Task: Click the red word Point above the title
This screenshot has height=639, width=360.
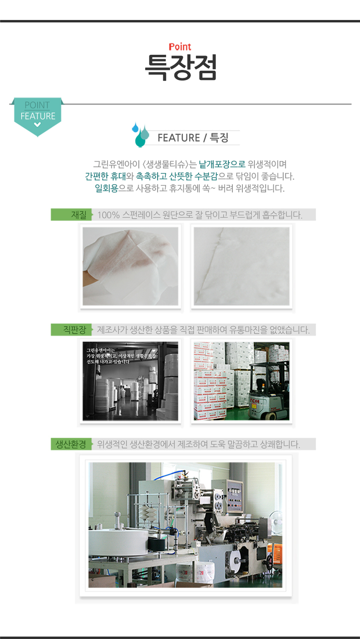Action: pos(180,47)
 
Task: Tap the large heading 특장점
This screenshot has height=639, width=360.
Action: pos(180,67)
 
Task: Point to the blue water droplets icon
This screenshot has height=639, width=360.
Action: pos(140,134)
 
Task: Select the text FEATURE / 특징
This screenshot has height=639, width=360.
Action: pos(193,138)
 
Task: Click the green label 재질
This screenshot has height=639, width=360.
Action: pos(79,215)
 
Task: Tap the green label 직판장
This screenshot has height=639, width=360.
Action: pos(75,330)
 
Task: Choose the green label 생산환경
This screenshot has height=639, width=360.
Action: pos(71,444)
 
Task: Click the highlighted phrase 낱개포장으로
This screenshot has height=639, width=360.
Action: pos(222,164)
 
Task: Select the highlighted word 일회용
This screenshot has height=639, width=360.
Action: pos(106,188)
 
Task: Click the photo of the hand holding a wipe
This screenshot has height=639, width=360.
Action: pos(130,266)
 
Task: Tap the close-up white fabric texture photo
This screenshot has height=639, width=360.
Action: pos(242,266)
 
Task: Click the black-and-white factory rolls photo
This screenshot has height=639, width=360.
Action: pos(130,381)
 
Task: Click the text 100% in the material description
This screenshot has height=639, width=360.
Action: pos(108,215)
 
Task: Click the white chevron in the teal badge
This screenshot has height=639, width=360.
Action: pos(38,125)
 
